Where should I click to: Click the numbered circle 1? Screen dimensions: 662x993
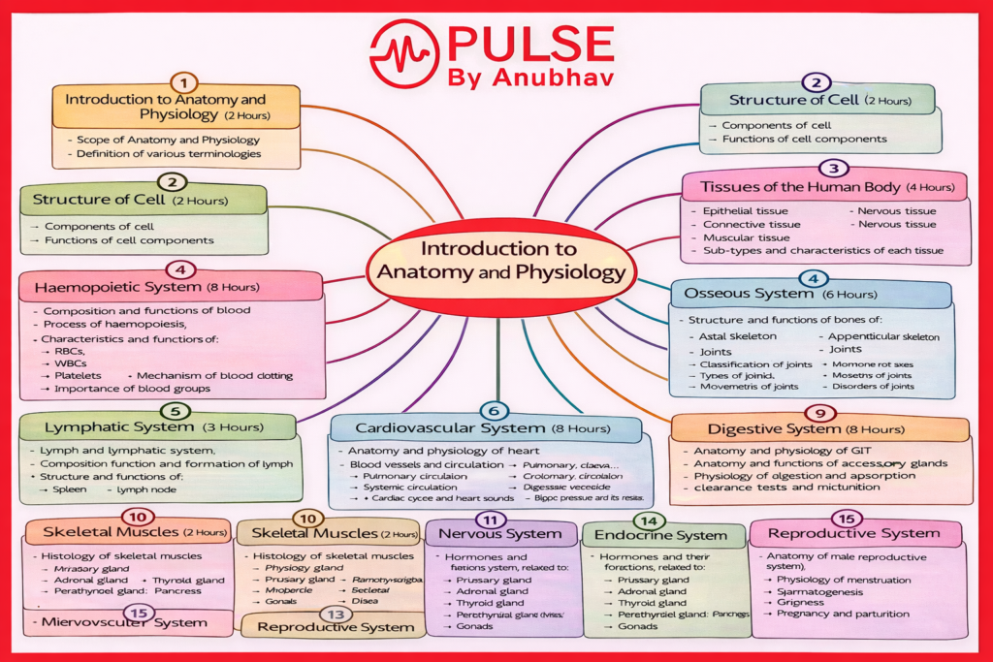183,82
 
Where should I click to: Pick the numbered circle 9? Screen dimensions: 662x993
820,412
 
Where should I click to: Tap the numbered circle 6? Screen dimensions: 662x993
494,411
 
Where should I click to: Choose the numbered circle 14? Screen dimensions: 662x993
656,520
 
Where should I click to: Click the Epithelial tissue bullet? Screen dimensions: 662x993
745,210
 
